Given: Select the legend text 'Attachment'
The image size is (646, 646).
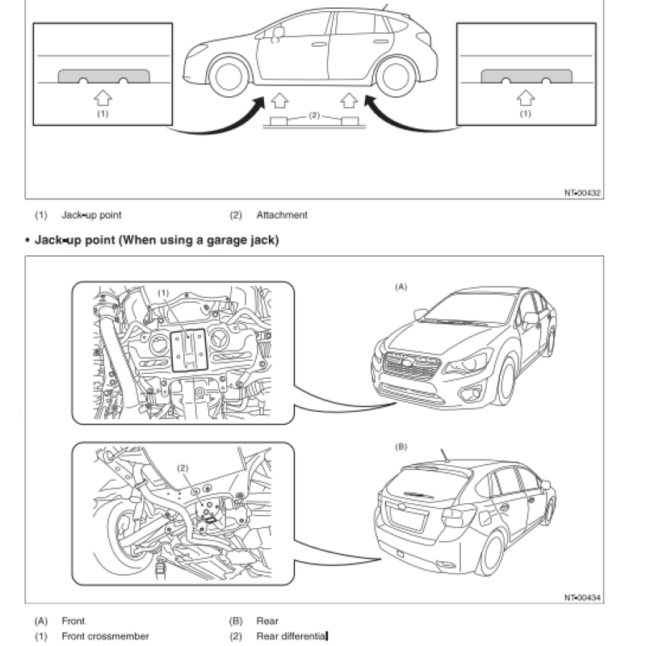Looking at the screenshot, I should click(282, 216).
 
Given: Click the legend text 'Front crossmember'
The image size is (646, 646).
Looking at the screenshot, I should click(105, 636).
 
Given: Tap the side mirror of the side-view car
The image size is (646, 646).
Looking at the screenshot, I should click(279, 33).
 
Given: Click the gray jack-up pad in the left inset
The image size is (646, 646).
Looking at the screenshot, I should click(103, 77).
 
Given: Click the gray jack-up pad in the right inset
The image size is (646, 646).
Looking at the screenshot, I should click(526, 77).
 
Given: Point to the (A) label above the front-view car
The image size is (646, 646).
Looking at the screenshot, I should click(401, 287).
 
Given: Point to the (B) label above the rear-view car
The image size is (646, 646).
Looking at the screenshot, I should click(401, 446).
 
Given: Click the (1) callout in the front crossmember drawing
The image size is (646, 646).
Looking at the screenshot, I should click(163, 292).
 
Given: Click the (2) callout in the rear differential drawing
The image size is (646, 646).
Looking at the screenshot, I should click(182, 468).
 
